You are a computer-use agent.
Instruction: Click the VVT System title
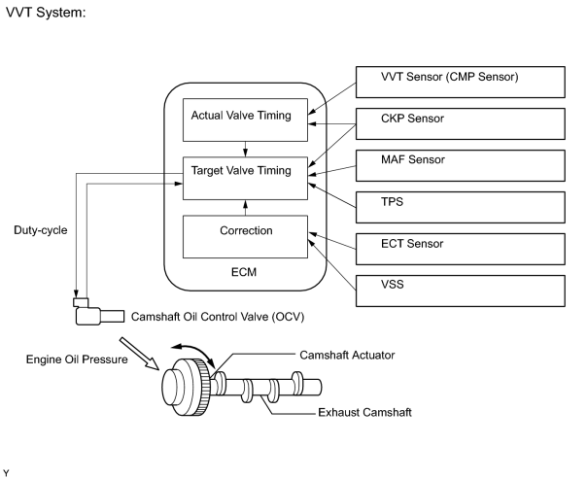tap(46, 13)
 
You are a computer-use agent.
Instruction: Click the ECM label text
tap(244, 272)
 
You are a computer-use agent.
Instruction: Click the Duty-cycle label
tap(41, 230)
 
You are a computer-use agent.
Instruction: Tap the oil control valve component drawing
tap(98, 312)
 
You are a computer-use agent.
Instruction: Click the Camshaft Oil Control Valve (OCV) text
tap(218, 317)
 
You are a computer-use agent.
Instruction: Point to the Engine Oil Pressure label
tap(77, 359)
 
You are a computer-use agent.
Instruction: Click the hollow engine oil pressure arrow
tap(140, 354)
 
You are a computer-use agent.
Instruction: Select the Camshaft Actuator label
tap(347, 355)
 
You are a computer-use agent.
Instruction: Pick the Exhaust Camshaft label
tap(364, 412)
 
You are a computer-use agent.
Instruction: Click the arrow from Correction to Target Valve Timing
tap(245, 208)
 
